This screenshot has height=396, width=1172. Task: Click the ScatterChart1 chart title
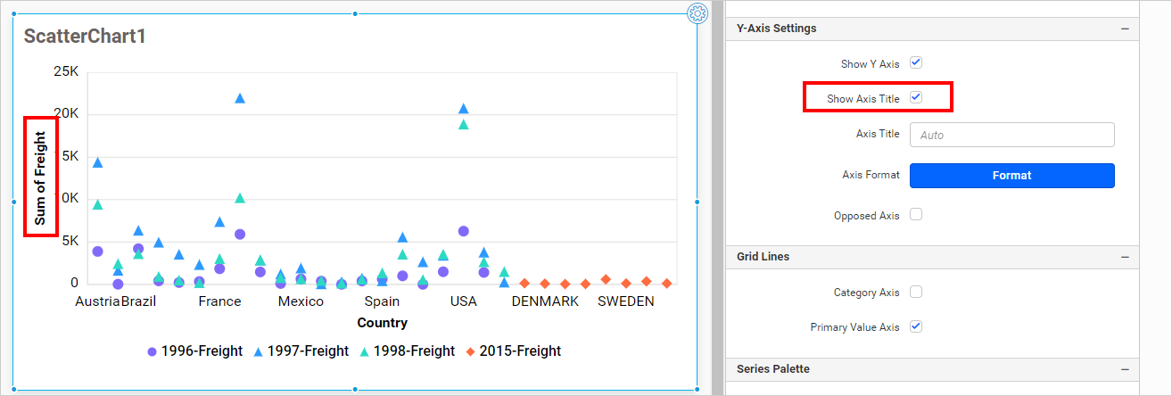point(85,37)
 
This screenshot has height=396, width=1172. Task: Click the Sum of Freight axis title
point(40,177)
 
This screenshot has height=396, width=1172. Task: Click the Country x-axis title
point(382,323)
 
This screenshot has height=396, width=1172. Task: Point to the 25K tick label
point(66,71)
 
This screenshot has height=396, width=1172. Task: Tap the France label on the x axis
point(219,301)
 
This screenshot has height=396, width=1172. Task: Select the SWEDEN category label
point(625,301)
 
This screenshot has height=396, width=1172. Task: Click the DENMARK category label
point(544,301)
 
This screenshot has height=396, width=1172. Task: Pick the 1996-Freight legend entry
point(194,351)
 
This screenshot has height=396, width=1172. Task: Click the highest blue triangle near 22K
point(239,98)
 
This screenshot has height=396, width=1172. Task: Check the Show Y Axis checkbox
point(915,63)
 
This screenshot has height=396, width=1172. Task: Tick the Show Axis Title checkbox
point(915,97)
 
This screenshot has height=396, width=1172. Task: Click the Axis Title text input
point(1011,135)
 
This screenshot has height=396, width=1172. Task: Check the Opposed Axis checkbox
point(915,215)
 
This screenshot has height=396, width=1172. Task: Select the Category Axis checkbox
point(915,292)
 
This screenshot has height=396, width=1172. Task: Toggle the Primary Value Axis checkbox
point(915,326)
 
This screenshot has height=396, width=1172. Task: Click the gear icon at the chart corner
point(697,12)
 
